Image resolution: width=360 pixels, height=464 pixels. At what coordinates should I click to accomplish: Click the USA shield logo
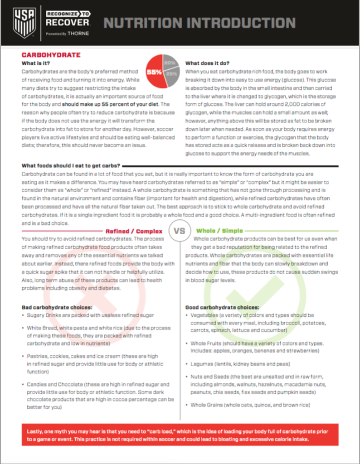pos(22,22)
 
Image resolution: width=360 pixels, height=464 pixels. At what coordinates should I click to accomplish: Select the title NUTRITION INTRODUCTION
pos(199,23)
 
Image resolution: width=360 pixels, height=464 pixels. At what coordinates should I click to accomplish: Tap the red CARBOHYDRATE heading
pos(51,55)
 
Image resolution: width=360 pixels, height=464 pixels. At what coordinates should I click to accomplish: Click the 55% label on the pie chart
pos(154,72)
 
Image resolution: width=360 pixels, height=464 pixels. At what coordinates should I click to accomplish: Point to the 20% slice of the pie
pos(170,62)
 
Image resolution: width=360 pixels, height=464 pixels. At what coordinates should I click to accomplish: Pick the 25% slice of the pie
pos(171,74)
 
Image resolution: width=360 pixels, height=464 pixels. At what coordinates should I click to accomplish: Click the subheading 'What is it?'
pos(36,63)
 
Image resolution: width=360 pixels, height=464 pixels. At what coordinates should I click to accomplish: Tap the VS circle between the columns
pos(180,231)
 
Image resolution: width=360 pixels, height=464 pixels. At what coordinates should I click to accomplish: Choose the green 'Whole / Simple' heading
pos(219,231)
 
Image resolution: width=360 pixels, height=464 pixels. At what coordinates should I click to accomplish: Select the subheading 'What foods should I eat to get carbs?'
pos(71,166)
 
